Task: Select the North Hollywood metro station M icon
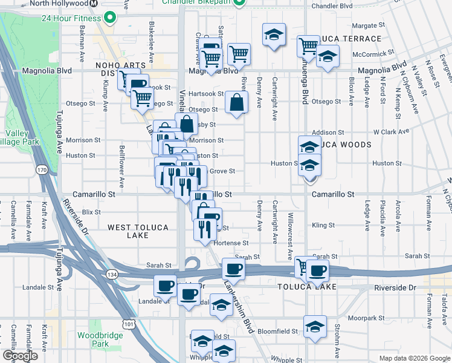94,3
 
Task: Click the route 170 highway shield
41,171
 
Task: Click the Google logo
20,356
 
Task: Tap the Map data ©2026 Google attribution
414,358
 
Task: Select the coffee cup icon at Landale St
165,286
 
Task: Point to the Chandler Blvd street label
331,7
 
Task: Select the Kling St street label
323,226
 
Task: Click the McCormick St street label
373,53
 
